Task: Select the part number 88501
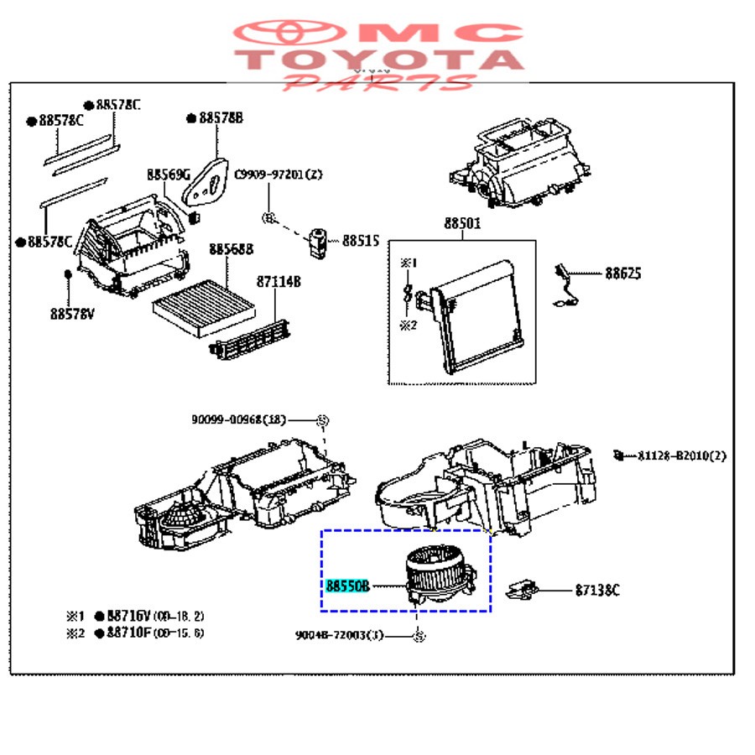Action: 462,224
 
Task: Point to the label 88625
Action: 625,273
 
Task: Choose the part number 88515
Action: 361,242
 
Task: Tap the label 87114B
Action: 279,282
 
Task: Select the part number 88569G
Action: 169,175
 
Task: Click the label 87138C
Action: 597,591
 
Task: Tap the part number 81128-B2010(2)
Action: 681,456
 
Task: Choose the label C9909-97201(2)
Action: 278,174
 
